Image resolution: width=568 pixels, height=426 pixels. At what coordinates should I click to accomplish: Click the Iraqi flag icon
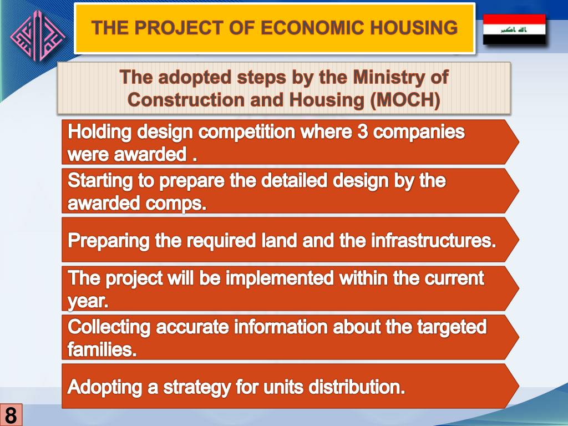(x=514, y=29)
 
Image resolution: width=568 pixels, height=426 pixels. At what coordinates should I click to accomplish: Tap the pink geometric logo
(x=38, y=37)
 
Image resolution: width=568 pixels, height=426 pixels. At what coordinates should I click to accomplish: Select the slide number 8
(x=11, y=415)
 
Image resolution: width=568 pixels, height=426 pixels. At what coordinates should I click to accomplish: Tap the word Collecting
(x=109, y=327)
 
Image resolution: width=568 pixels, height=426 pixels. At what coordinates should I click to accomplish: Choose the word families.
(x=102, y=351)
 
